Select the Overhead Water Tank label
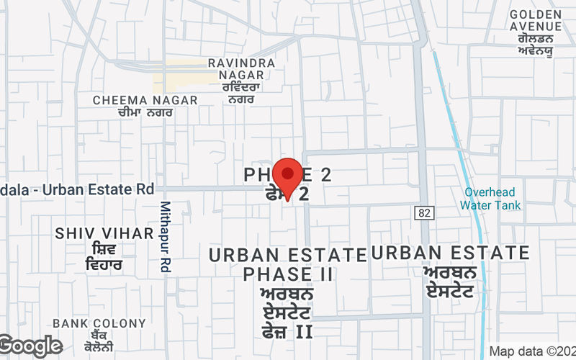click(492, 199)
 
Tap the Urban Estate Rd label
click(79, 190)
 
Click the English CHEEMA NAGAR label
click(145, 100)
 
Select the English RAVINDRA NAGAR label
click(241, 71)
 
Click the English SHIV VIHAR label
click(104, 233)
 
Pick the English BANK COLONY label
click(85, 323)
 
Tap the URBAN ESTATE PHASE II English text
click(288, 264)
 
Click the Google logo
click(30, 346)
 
